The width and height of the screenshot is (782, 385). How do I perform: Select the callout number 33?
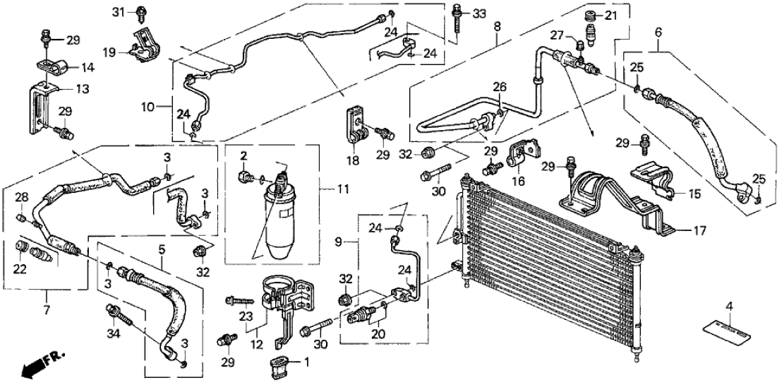tap(480, 13)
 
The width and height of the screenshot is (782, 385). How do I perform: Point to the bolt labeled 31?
tap(143, 11)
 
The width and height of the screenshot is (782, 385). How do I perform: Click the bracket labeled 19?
tap(145, 44)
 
